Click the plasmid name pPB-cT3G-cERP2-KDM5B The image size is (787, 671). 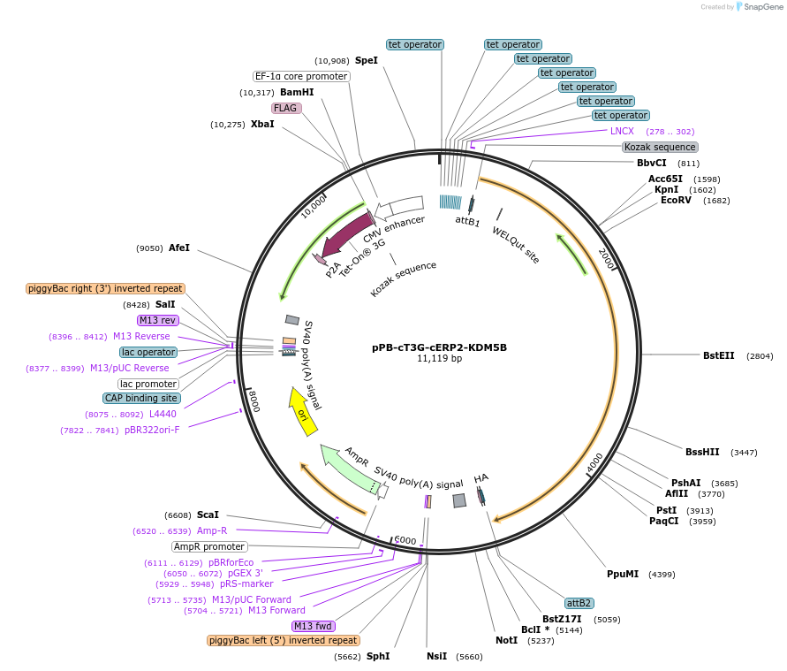point(439,347)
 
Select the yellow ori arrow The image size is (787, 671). point(301,411)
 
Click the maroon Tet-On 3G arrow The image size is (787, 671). point(347,232)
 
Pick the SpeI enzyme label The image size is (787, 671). point(366,60)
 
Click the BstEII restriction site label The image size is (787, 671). point(718,355)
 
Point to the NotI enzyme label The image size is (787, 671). point(506,640)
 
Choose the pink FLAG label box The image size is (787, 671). point(286,108)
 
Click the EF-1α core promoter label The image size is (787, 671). point(301,76)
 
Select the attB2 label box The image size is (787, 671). point(579,603)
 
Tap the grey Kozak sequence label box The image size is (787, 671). point(659,147)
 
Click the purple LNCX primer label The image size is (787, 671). point(622,131)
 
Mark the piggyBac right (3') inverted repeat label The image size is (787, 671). point(105,288)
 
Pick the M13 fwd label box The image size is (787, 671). point(313,626)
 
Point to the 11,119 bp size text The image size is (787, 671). point(439,359)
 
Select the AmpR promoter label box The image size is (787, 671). point(209,546)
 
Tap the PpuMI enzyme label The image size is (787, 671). point(622,574)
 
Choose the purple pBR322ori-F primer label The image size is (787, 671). point(152,430)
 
